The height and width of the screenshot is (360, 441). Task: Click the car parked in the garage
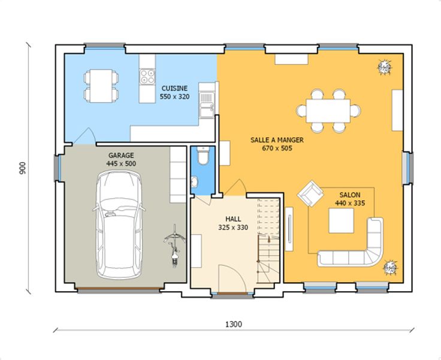(119, 225)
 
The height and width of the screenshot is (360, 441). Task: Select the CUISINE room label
(174, 88)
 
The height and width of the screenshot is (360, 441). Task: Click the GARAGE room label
(121, 155)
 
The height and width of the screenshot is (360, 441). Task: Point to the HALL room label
(233, 219)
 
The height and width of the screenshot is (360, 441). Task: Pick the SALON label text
(349, 195)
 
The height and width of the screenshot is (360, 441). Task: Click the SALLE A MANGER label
(277, 140)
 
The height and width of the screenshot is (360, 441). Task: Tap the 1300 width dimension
(234, 324)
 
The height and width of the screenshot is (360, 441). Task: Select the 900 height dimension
(23, 168)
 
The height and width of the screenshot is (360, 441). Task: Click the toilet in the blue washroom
(203, 156)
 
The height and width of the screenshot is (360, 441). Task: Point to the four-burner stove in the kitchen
(147, 76)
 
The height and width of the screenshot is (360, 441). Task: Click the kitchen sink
(207, 104)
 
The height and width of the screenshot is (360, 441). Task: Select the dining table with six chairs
(328, 111)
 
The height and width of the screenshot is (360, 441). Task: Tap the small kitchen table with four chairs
(101, 86)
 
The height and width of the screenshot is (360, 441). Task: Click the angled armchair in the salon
(310, 193)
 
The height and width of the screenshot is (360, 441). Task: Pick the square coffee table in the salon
(341, 220)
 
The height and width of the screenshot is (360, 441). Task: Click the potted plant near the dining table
(384, 67)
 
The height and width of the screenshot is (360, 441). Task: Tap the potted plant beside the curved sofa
(391, 268)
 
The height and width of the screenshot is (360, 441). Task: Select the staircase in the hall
(268, 241)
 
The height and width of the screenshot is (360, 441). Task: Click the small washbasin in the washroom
(194, 181)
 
